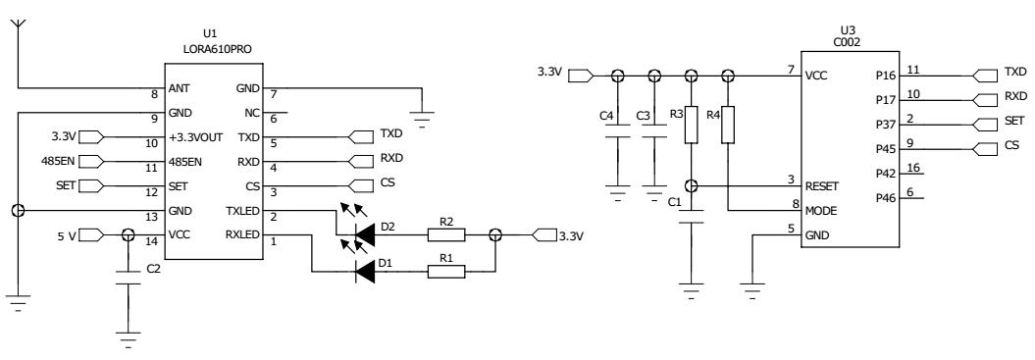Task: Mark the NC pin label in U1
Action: [252, 113]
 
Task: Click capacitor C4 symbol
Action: [617, 138]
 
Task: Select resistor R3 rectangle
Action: [692, 124]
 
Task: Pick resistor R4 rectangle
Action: [727, 124]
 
